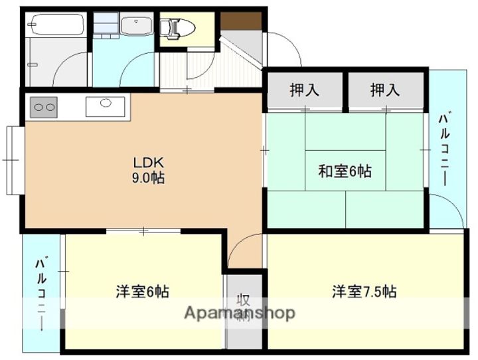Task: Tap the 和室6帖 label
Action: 345,171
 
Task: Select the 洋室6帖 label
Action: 142,291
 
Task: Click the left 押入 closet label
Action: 305,90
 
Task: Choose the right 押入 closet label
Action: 386,90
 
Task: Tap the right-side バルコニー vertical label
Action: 443,149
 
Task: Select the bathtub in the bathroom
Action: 56,26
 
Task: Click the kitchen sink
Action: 105,104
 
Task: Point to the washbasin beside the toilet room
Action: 137,27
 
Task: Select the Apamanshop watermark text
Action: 239,313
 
